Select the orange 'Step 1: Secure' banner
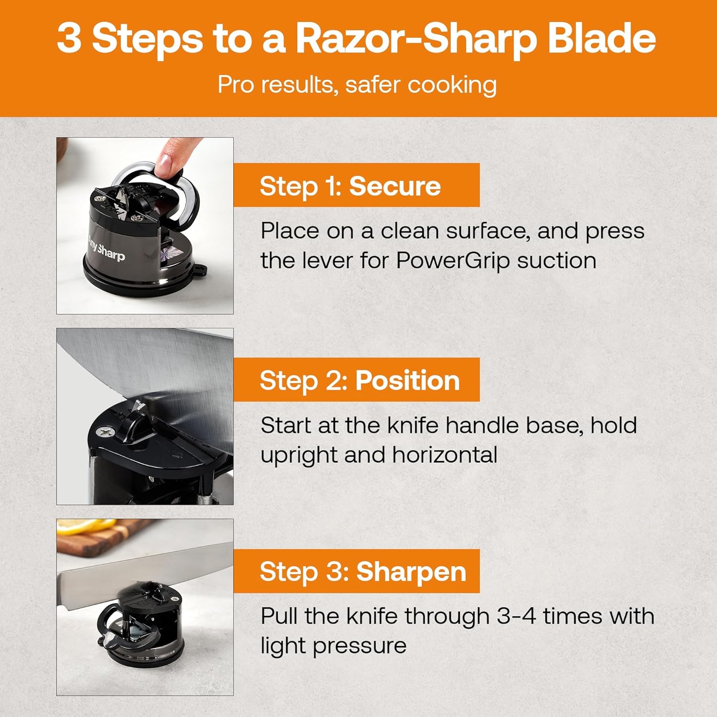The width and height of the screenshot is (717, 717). point(357,185)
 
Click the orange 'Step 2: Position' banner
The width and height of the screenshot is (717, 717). point(357,380)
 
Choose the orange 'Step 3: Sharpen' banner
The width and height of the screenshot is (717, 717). point(357,571)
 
